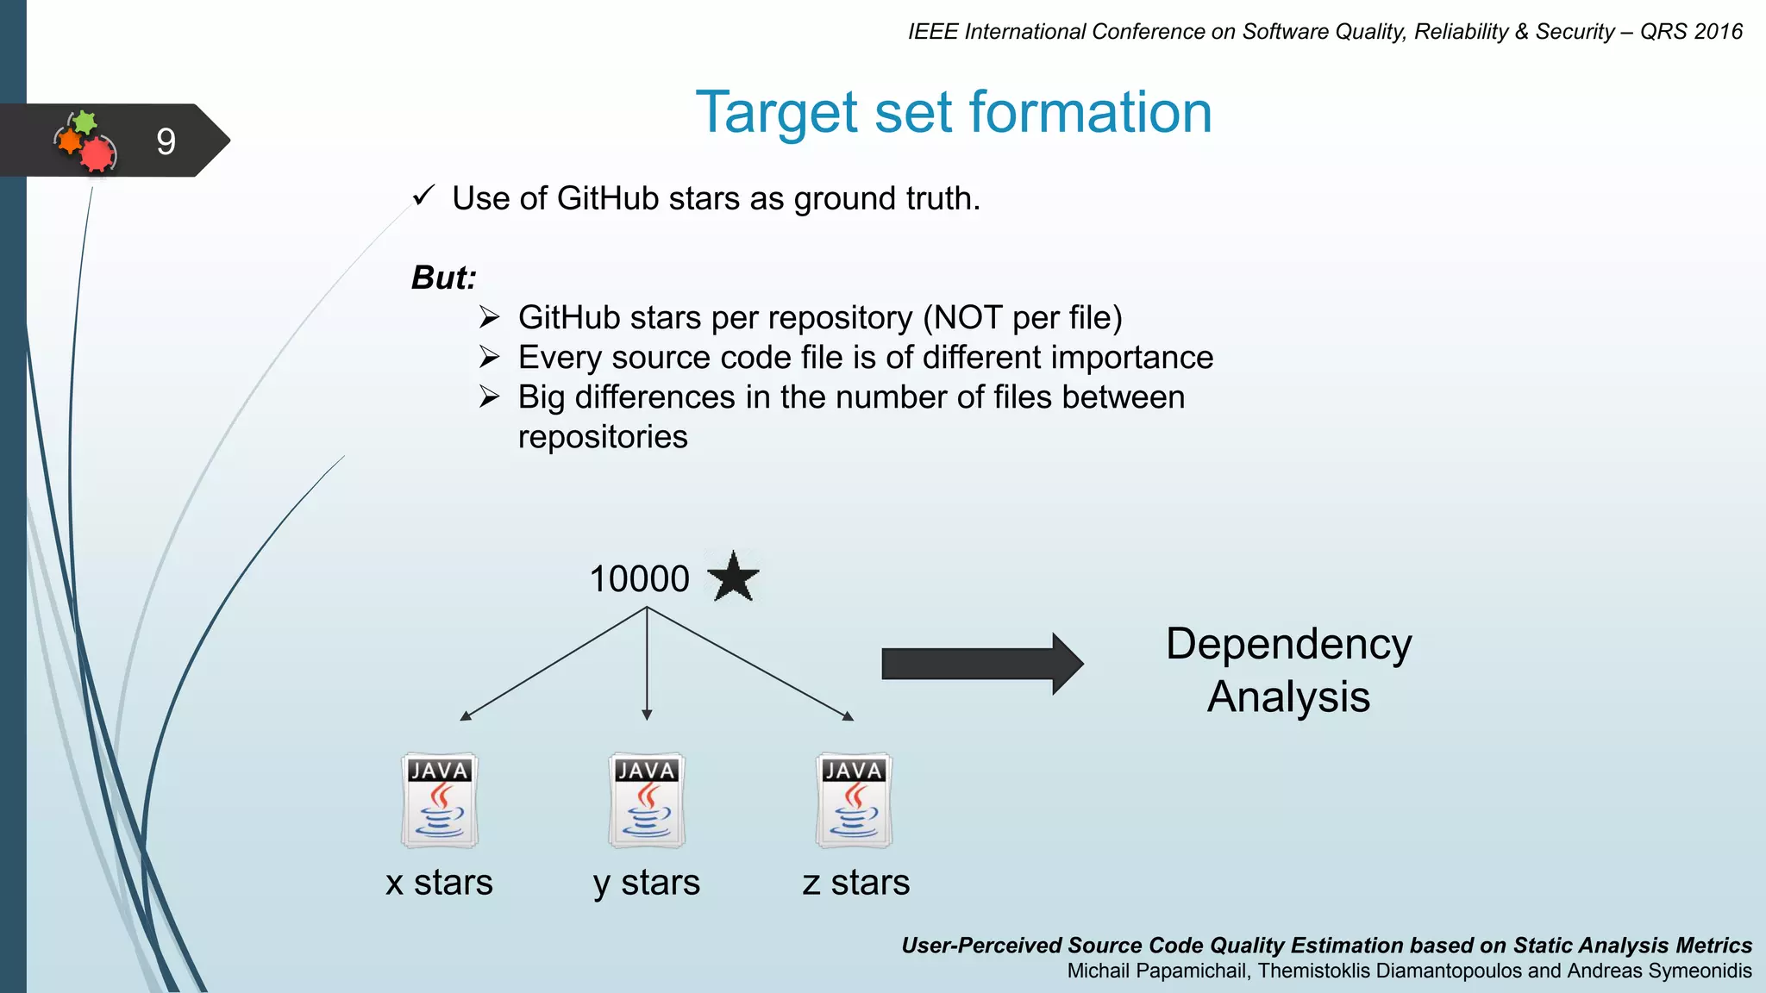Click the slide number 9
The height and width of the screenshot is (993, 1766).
(x=166, y=141)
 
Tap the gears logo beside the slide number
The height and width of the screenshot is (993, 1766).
(x=85, y=141)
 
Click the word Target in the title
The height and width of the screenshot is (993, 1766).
(x=777, y=113)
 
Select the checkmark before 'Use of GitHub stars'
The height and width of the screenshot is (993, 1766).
(x=423, y=197)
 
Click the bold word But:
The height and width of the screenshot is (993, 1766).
(x=443, y=278)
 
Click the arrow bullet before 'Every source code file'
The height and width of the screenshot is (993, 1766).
(x=489, y=357)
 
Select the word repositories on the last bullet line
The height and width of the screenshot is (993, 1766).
(x=603, y=437)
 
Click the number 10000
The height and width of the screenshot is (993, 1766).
(x=639, y=579)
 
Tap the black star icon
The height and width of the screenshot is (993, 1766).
(x=733, y=578)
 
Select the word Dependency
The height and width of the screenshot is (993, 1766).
(x=1288, y=644)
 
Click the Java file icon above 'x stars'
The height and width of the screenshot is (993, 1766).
(x=440, y=800)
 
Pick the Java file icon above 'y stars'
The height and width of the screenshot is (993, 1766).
(x=647, y=800)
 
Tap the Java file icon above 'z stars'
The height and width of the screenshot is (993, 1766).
(x=854, y=800)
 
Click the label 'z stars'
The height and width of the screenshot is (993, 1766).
(x=855, y=883)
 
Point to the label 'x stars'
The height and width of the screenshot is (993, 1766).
(x=439, y=883)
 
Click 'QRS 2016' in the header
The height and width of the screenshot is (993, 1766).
(x=1691, y=32)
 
